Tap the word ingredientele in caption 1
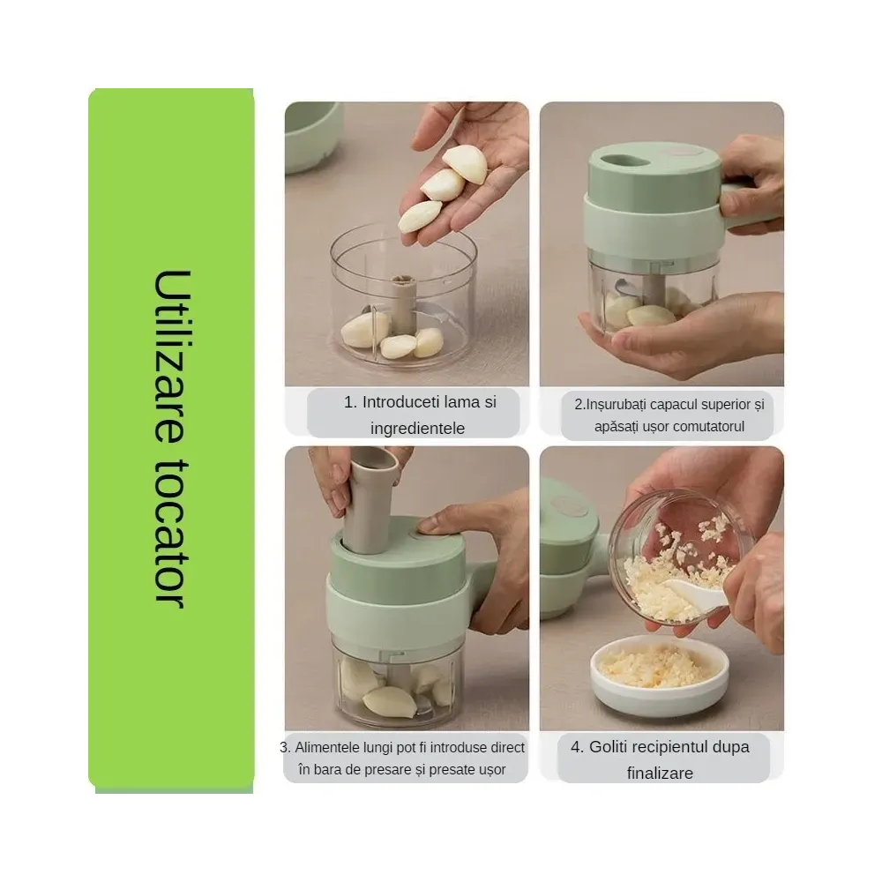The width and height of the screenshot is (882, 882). pos(417,428)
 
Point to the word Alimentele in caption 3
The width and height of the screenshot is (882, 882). pos(327,748)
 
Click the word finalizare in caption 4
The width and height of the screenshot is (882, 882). pos(660,773)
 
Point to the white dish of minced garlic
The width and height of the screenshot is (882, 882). pos(660,677)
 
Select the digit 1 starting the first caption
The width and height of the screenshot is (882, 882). pos(348,402)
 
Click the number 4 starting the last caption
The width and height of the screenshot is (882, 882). pos(575,747)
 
